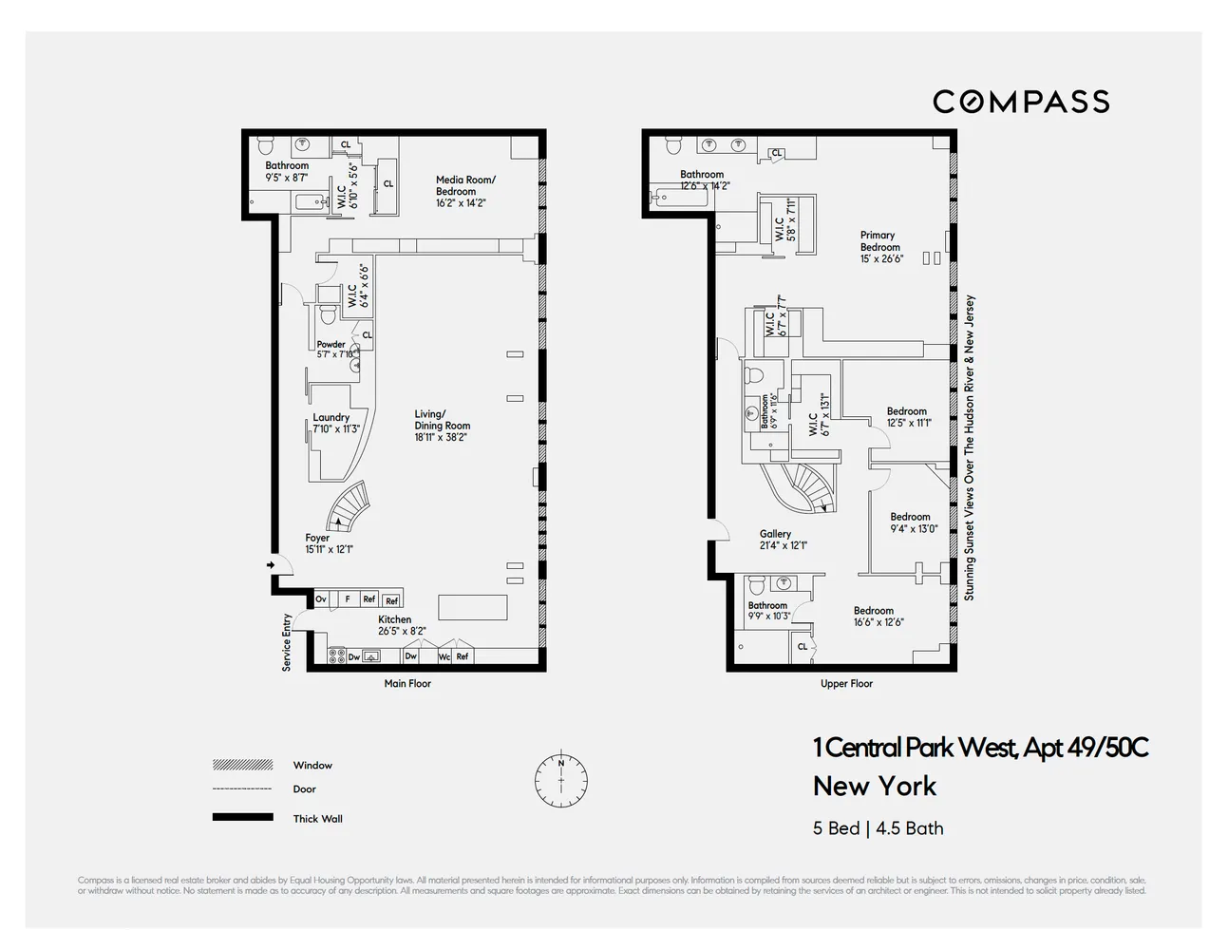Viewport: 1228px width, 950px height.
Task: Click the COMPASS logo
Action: [x=1021, y=102]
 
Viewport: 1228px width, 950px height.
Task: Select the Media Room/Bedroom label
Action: [x=465, y=191]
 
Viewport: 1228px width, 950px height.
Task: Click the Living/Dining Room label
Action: [x=442, y=426]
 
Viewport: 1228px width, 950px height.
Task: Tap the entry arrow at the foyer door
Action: [x=271, y=565]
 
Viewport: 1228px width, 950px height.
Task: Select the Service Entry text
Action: [x=287, y=643]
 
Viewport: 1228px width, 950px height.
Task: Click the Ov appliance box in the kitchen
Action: [x=321, y=599]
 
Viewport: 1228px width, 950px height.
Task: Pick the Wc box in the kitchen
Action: [x=444, y=656]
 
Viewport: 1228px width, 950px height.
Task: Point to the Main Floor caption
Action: [x=407, y=684]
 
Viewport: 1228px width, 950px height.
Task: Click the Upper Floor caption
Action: [x=846, y=684]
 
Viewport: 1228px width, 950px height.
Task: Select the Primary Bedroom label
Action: [x=880, y=247]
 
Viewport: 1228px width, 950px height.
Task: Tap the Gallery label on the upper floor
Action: [x=781, y=540]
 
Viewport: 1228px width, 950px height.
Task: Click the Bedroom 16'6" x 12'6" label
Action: [x=877, y=617]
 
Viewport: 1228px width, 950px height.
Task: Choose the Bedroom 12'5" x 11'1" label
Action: [x=908, y=417]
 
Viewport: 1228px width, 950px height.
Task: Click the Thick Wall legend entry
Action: [x=317, y=819]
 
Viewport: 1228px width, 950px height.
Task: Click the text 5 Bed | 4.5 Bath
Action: [x=878, y=828]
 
